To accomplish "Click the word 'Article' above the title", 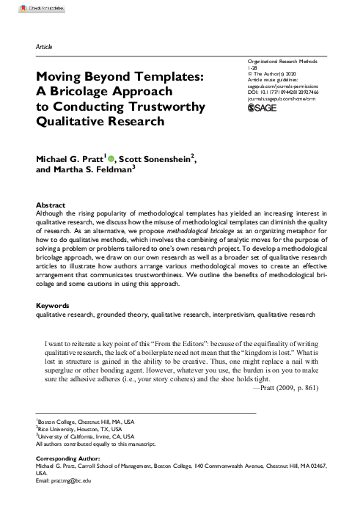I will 44,47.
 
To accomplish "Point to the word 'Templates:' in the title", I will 173,76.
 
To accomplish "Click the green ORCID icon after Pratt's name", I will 113,157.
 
